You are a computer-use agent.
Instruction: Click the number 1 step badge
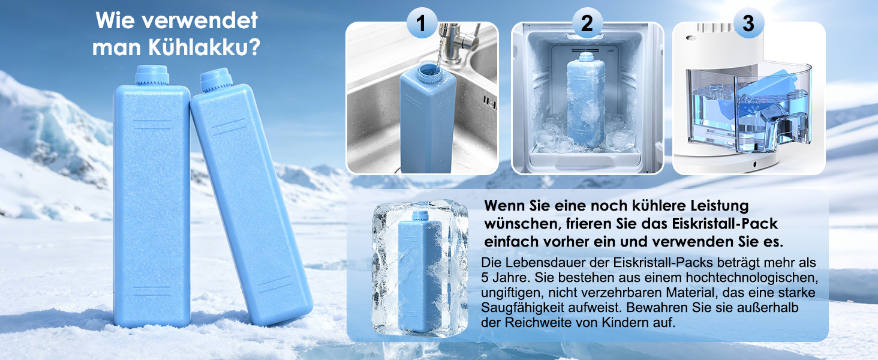coord(422,23)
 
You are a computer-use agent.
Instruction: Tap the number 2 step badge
coord(587,23)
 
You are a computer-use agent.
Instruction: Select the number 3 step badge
coord(748,23)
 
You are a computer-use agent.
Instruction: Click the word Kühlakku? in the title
coord(205,48)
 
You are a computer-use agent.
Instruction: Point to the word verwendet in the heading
coord(200,20)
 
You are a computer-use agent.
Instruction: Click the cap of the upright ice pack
coord(152,75)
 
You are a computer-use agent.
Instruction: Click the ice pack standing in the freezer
coord(586,100)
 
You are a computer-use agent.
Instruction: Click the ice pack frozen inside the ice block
coord(419,271)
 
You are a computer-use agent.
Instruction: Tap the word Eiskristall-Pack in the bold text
coord(724,224)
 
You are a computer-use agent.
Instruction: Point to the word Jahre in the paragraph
coord(511,278)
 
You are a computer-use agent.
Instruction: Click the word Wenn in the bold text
coord(504,205)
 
